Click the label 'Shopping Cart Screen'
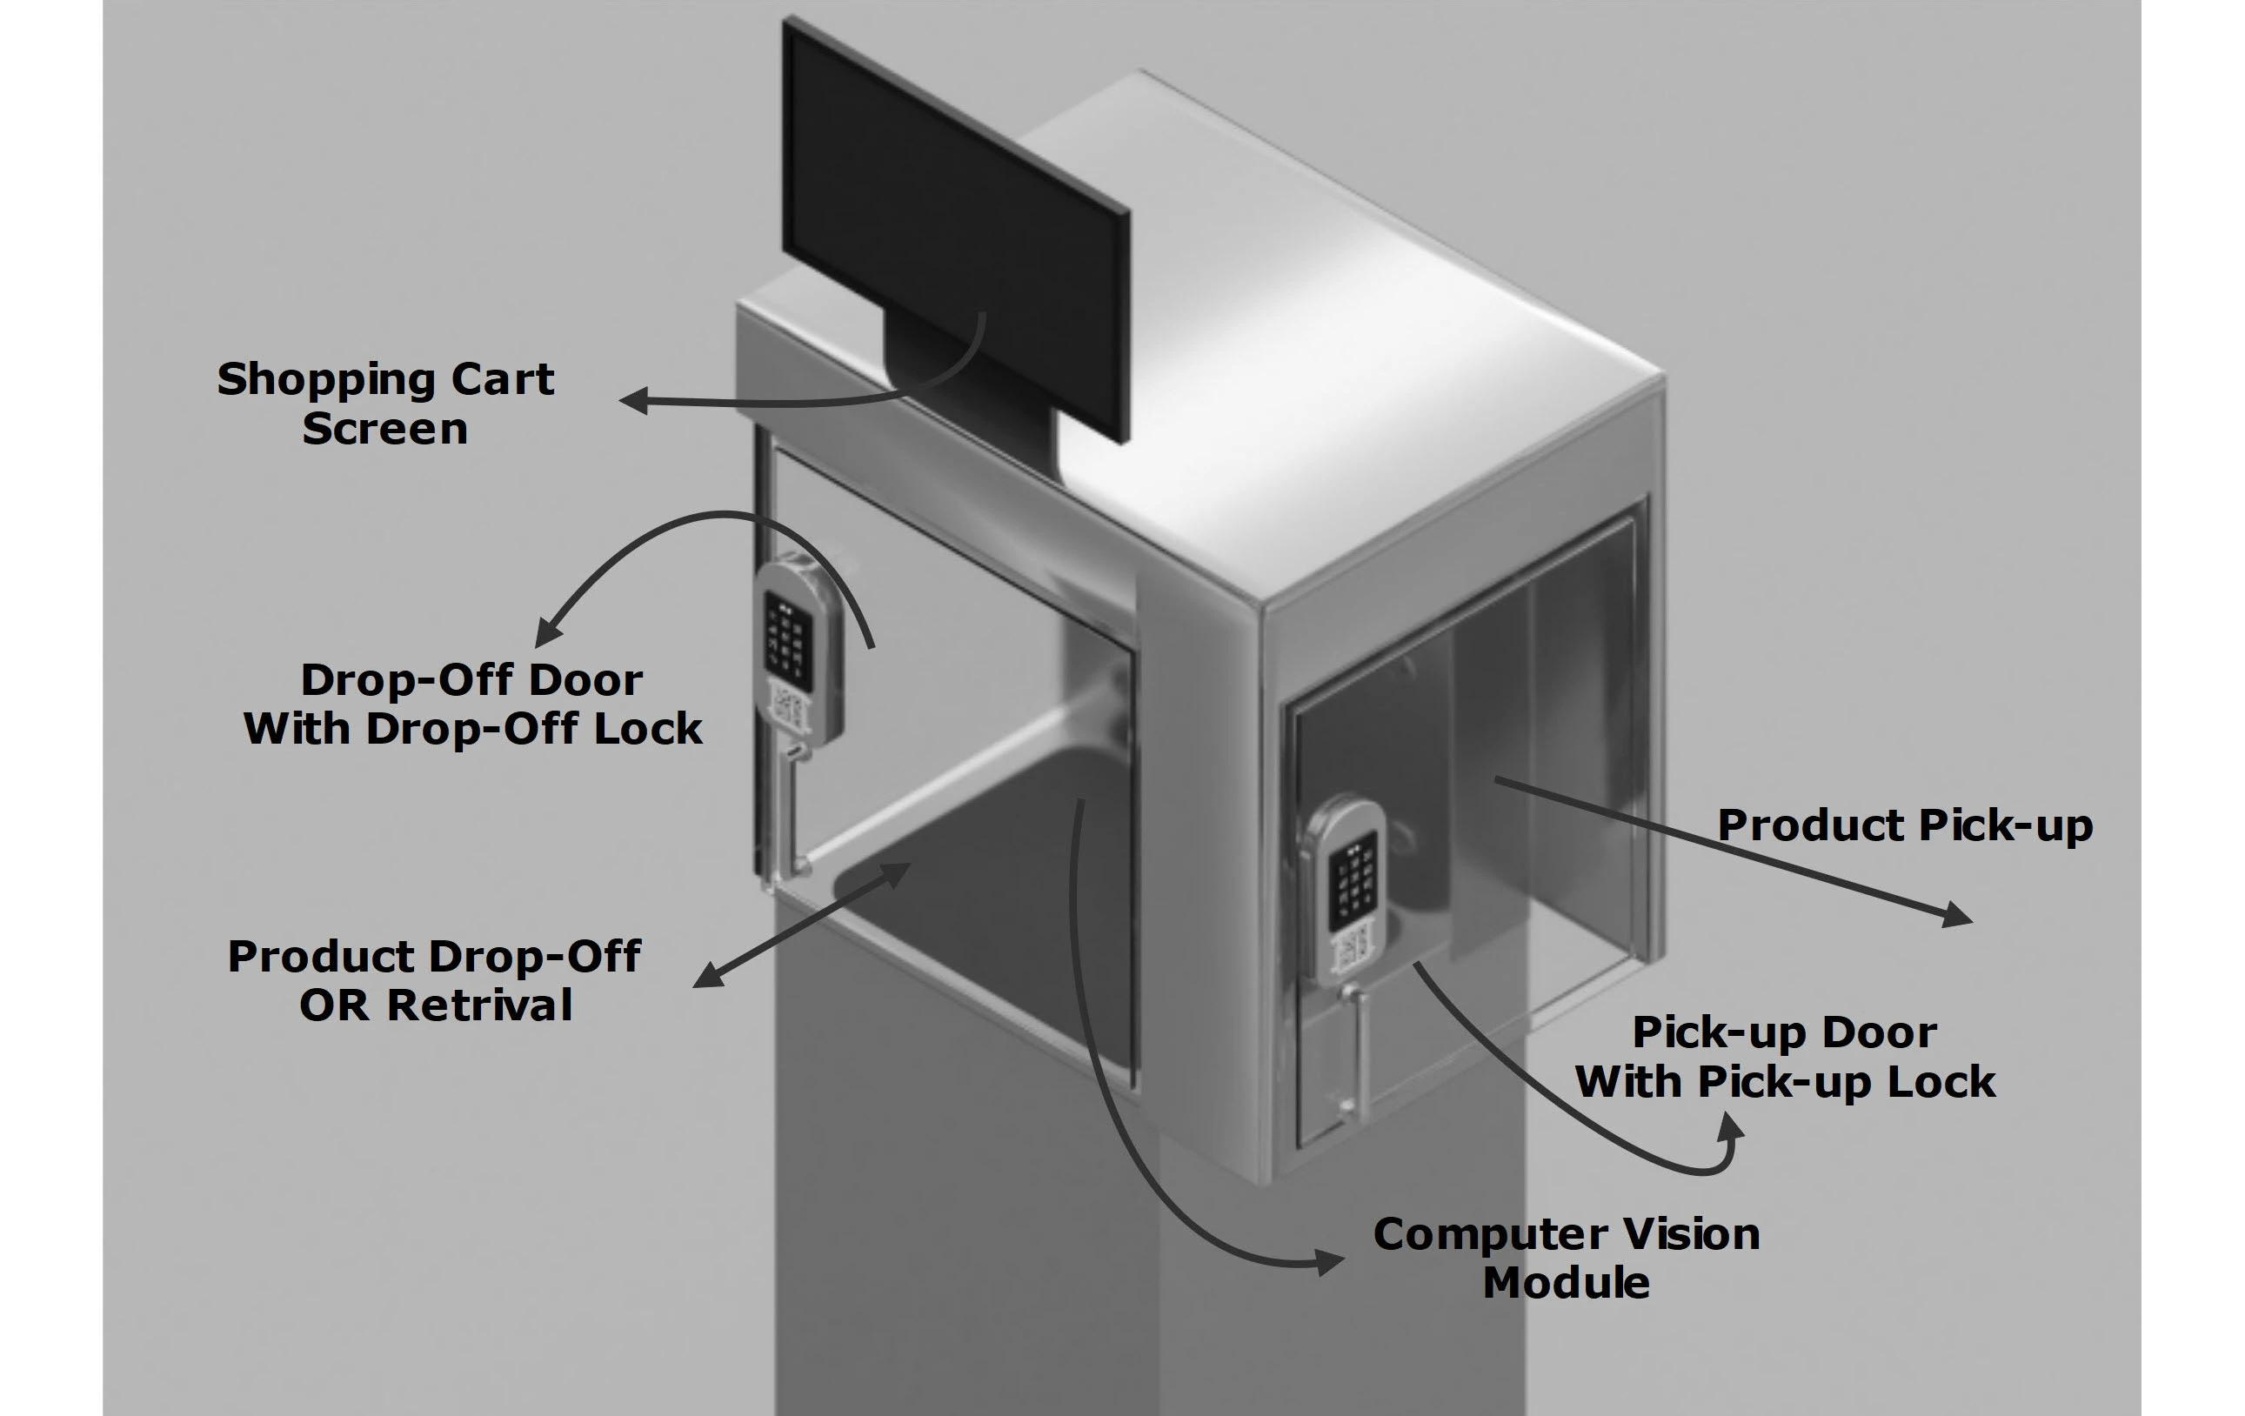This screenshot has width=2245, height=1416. tap(385, 404)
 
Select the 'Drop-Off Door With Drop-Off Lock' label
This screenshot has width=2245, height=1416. tap(471, 705)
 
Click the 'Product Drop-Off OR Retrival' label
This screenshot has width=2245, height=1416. tap(434, 980)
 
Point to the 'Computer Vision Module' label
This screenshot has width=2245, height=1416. tap(1567, 1258)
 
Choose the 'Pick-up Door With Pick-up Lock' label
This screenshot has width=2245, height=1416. tap(1785, 1057)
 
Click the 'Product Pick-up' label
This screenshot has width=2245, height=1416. tap(1905, 826)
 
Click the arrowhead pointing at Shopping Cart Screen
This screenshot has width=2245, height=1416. tap(634, 401)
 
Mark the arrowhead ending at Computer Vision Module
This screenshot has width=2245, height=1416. tap(1332, 1262)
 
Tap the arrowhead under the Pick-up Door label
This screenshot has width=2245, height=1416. tap(1730, 1130)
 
